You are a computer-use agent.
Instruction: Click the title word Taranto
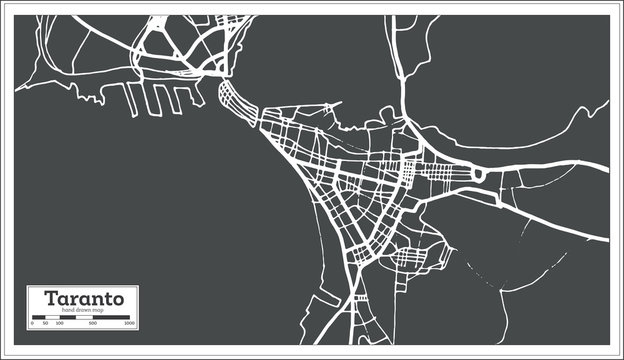[82, 298]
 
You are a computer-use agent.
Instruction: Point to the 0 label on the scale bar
[33, 324]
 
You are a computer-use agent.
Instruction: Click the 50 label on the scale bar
[46, 324]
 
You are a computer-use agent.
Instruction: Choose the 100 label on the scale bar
[59, 324]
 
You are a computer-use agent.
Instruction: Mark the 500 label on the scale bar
[92, 324]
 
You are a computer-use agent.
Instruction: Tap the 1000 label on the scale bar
[129, 324]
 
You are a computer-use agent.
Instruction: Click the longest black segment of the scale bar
[111, 317]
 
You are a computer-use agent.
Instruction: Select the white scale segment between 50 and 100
[53, 317]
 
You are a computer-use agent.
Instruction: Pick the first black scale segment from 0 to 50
[40, 317]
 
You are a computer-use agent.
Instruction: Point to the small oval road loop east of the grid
[479, 175]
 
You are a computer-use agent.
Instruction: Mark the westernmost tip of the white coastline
[16, 88]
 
